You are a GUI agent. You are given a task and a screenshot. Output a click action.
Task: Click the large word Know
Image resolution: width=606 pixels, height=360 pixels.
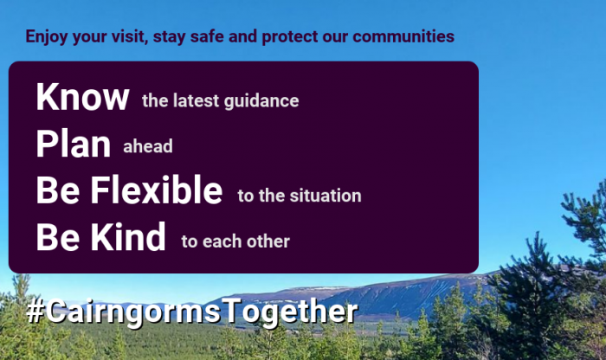(82, 97)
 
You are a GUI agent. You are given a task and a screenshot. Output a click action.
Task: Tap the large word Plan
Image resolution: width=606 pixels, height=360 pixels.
(74, 144)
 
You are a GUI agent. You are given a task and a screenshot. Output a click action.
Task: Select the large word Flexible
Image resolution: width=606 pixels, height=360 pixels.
(157, 190)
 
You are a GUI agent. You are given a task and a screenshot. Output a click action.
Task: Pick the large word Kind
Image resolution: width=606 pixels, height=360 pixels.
(128, 236)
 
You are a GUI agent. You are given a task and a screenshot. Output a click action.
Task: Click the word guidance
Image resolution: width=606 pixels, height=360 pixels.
(261, 101)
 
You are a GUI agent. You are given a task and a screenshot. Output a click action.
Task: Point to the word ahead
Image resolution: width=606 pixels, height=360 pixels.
(148, 146)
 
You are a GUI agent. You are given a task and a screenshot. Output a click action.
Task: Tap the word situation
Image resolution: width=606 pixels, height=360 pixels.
(326, 196)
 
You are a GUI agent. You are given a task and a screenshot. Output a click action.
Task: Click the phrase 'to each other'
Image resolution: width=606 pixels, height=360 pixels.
(235, 241)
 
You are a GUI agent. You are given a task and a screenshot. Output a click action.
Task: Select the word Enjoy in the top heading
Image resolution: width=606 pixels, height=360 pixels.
(47, 37)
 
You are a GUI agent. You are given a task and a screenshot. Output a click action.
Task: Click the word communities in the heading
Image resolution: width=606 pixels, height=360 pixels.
(403, 36)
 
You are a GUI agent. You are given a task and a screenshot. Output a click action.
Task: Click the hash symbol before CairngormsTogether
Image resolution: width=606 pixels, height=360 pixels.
(35, 312)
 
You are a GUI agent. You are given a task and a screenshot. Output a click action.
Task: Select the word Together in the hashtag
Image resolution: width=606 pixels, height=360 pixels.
(291, 312)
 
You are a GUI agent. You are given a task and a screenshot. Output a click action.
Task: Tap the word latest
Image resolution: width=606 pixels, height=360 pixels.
(197, 100)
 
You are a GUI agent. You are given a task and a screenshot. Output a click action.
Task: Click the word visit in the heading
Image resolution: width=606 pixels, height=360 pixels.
(130, 36)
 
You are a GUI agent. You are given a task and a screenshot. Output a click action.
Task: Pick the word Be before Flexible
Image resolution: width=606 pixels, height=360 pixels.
(58, 190)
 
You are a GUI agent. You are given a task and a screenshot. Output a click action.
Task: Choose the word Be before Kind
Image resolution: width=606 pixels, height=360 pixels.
(58, 236)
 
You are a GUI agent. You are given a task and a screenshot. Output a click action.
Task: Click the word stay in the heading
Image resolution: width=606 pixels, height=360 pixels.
(170, 37)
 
